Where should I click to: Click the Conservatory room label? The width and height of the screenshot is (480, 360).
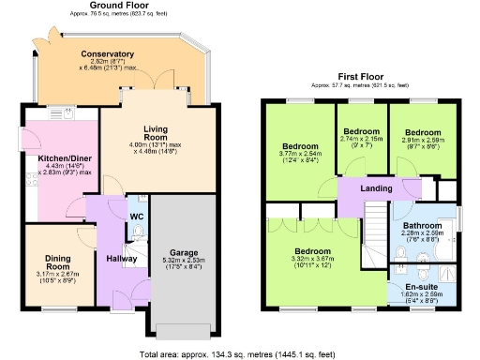pos(107,54)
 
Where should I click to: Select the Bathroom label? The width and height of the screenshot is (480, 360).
pos(423,225)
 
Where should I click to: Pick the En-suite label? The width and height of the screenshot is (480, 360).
pos(420,287)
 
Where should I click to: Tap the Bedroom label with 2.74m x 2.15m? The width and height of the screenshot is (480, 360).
pos(360,130)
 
